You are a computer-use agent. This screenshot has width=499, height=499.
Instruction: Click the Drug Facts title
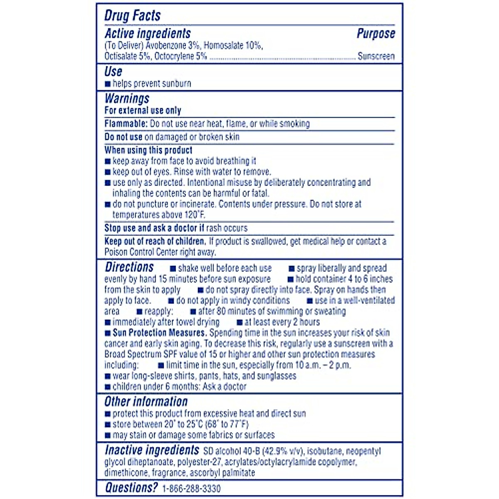click(132, 16)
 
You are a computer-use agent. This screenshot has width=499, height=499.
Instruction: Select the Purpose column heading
click(375, 34)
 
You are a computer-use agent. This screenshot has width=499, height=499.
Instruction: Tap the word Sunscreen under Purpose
click(376, 56)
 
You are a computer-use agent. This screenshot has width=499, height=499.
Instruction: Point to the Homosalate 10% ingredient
click(233, 45)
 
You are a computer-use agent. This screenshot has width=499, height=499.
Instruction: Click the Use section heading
click(113, 72)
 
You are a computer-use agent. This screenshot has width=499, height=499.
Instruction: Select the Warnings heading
click(127, 99)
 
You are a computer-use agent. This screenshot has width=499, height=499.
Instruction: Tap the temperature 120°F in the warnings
click(194, 215)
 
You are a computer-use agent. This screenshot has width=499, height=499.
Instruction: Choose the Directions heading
click(129, 267)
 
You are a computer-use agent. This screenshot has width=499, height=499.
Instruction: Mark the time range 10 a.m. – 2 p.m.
click(323, 365)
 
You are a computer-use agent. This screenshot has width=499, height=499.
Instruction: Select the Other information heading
click(146, 402)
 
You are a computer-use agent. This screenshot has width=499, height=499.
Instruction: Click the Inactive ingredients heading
click(152, 450)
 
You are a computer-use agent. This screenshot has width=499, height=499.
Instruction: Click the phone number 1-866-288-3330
click(191, 489)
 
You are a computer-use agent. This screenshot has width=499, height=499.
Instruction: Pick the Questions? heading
click(131, 487)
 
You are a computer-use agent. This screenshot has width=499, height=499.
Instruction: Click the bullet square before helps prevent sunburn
click(108, 84)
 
